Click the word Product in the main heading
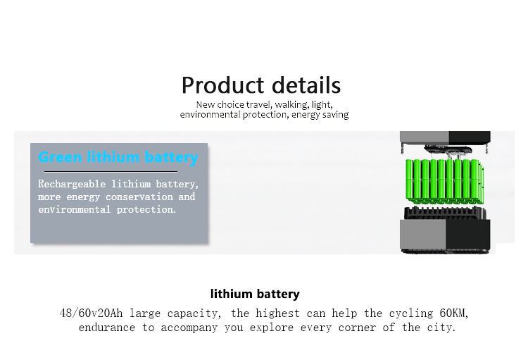click(222, 85)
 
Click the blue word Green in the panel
click(61, 157)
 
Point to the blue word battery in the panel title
click(171, 158)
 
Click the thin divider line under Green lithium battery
click(111, 172)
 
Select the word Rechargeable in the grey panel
click(72, 184)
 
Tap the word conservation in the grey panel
click(139, 197)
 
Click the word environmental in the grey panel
click(74, 210)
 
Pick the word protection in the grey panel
click(146, 210)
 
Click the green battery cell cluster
click(445, 181)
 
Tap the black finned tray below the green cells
click(445, 213)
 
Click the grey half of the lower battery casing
click(423, 235)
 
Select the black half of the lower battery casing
click(468, 235)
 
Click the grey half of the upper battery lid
click(425, 137)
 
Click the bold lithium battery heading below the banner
click(255, 294)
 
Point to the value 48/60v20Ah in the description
click(91, 314)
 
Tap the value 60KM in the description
click(453, 314)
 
